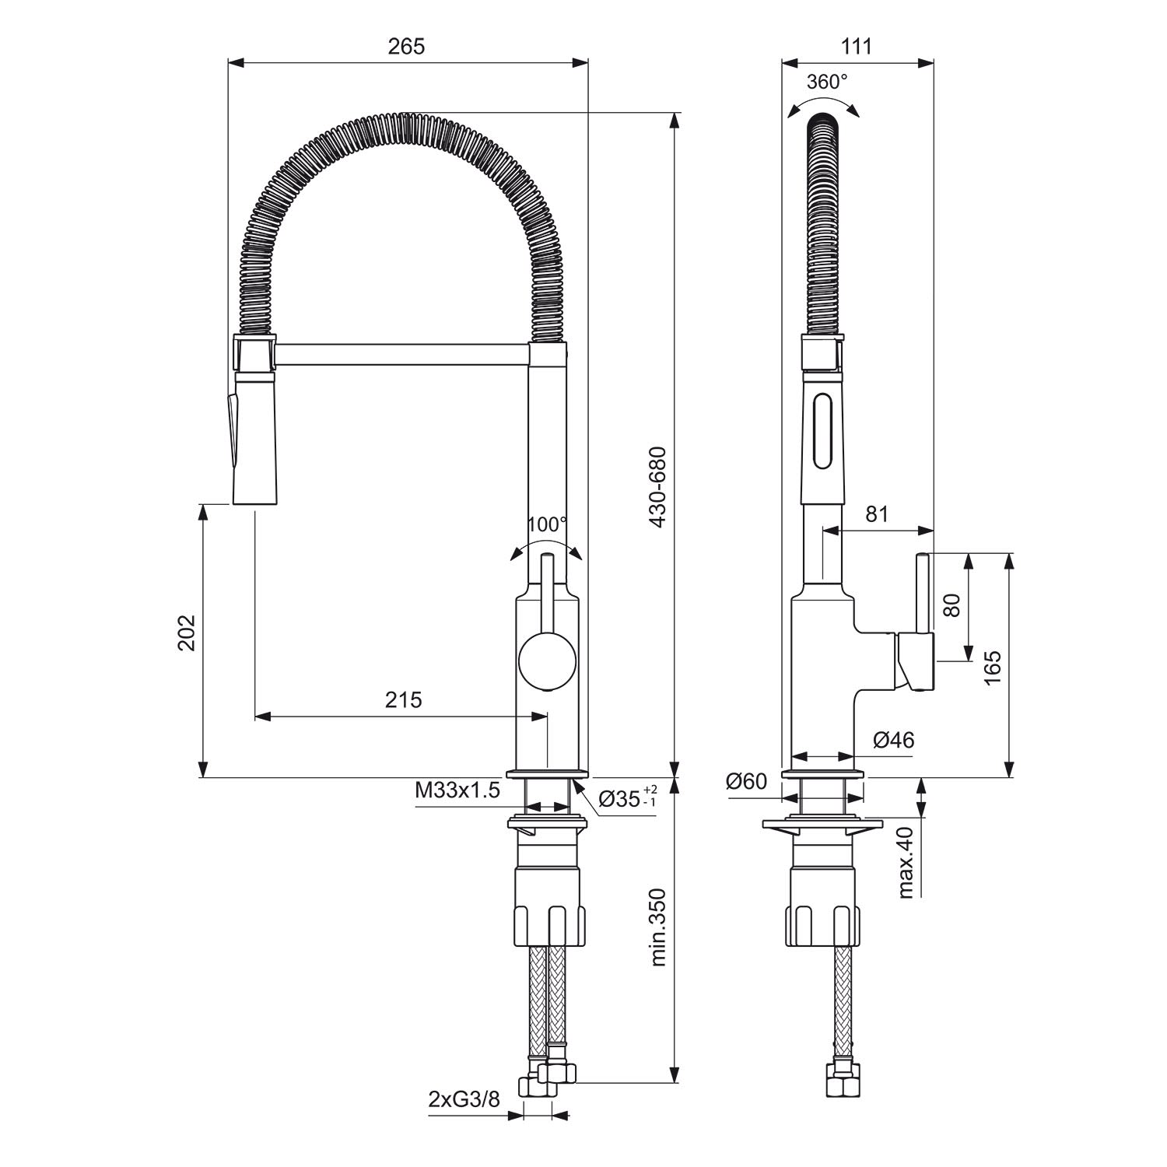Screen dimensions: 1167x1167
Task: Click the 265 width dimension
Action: coord(407,47)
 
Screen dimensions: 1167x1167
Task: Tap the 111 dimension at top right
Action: coord(857,47)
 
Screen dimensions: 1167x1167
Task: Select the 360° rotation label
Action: coord(827,82)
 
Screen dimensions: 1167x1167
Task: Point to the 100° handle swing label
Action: coord(547,524)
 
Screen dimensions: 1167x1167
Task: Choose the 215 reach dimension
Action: coord(403,699)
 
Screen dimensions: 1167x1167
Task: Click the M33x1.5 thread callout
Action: coord(457,791)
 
